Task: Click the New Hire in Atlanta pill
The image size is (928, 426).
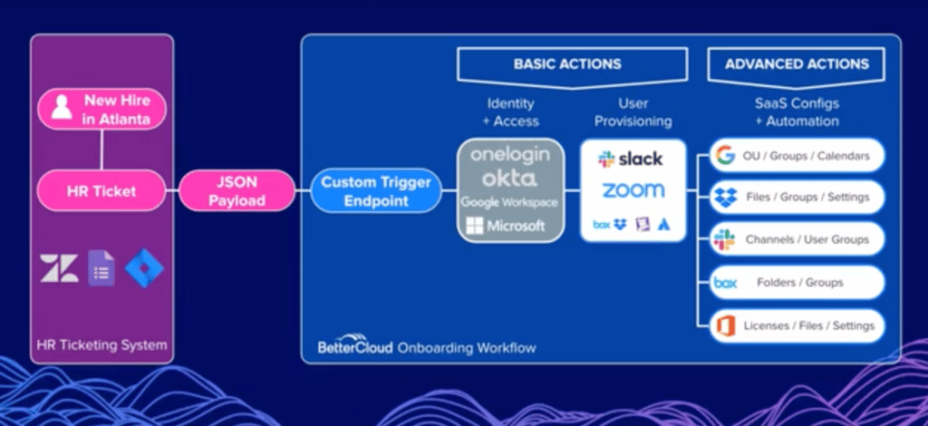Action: click(101, 110)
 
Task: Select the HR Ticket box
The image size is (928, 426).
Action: click(101, 190)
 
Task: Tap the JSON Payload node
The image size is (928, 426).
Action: click(237, 190)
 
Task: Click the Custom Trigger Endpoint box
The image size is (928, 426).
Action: click(376, 190)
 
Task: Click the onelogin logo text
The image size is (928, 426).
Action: click(509, 155)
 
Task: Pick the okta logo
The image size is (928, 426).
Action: click(509, 178)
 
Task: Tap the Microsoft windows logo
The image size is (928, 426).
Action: click(475, 226)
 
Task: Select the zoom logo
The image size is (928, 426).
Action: click(633, 190)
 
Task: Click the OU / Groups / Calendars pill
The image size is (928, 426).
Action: click(797, 156)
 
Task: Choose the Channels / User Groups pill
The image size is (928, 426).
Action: click(797, 239)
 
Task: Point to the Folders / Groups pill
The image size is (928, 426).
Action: click(797, 283)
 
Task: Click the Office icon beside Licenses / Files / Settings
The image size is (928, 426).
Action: click(725, 326)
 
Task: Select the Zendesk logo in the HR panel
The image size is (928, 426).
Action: click(59, 268)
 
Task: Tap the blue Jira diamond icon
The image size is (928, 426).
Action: click(144, 268)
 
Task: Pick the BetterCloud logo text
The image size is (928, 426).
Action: click(355, 346)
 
